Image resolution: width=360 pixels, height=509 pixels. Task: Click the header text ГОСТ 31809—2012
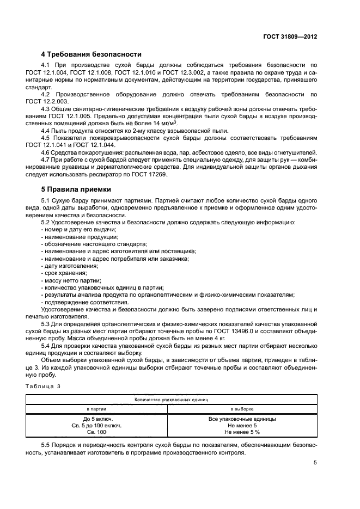pos(290,37)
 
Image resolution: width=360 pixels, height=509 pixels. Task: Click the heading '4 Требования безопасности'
pos(91,54)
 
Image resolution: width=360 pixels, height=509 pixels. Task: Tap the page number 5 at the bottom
pos(315,463)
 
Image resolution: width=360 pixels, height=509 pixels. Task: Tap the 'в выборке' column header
pos(242,408)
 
